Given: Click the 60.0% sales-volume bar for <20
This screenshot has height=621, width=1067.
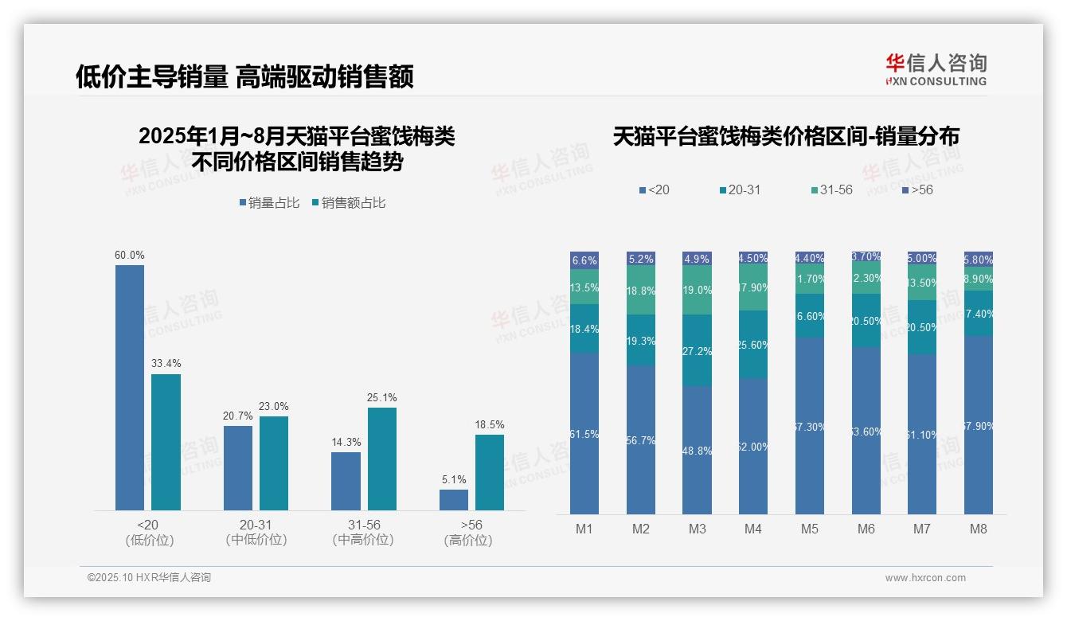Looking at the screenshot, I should coord(130,387).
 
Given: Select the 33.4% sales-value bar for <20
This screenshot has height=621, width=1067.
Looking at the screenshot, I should coord(166,442).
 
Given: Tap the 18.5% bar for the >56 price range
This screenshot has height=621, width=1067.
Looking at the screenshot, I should coord(490,472).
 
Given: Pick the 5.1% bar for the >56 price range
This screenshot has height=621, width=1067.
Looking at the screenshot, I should coord(454,499).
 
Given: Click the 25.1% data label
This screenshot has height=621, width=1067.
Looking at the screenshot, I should coord(382,397).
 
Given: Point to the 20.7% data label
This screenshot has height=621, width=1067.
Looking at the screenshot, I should coord(238,416).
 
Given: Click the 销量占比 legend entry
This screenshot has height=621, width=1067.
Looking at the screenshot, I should coord(269,203).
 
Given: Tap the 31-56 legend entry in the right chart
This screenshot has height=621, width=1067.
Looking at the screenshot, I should coord(831,190).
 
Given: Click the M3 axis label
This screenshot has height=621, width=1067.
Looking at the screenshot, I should coord(698,529).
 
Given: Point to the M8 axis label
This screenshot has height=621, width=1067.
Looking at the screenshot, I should coord(979,529).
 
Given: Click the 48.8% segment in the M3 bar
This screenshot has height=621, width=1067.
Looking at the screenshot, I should coord(697,450).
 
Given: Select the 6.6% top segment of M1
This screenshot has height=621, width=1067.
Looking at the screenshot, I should coord(584,260).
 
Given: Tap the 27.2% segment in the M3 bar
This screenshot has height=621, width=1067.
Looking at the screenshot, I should coord(697,350).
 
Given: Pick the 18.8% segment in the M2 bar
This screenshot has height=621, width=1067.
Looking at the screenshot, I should coord(641,291).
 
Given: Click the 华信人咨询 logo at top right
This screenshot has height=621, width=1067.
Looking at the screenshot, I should coord(936,70).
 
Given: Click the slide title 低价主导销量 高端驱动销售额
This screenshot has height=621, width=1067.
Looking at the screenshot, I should coord(244,76).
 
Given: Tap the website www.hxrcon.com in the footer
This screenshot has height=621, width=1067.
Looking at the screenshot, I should coord(924,578).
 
